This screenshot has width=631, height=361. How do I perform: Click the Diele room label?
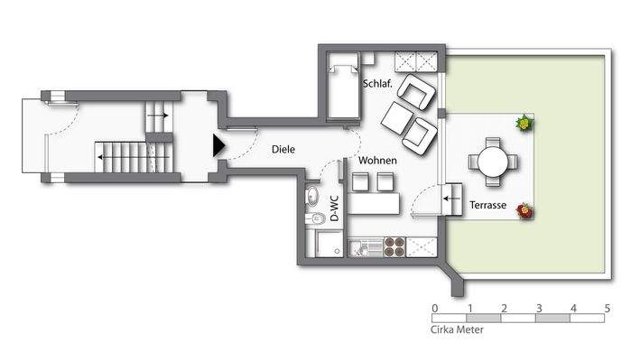[x=283, y=149]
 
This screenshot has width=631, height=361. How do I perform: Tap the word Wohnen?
[x=377, y=161]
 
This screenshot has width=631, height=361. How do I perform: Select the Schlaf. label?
[x=377, y=84]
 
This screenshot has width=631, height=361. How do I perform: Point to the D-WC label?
[x=334, y=208]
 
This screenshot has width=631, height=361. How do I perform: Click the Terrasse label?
[x=487, y=205]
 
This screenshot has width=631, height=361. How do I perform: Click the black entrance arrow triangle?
[x=218, y=145]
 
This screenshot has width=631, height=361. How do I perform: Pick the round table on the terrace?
[x=493, y=162]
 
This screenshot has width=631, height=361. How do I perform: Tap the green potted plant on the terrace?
[x=524, y=123]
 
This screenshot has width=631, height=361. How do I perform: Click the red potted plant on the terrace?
[x=524, y=210]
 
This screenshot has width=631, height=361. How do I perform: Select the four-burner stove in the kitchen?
[x=394, y=247]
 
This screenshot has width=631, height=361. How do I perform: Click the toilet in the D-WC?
[x=315, y=218]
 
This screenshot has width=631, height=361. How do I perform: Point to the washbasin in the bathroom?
[x=311, y=197]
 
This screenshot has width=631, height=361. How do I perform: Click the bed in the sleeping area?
[x=343, y=85]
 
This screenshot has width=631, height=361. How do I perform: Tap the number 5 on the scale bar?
[x=607, y=309]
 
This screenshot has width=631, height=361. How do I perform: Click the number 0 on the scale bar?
[x=434, y=309]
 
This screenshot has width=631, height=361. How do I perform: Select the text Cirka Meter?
[x=457, y=329]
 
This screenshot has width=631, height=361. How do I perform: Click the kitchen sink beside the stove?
[x=366, y=247]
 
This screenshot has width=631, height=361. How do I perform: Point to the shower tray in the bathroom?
[x=329, y=244]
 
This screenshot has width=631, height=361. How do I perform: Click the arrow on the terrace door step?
[x=452, y=199]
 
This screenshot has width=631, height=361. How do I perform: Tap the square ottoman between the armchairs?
[x=397, y=118]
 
